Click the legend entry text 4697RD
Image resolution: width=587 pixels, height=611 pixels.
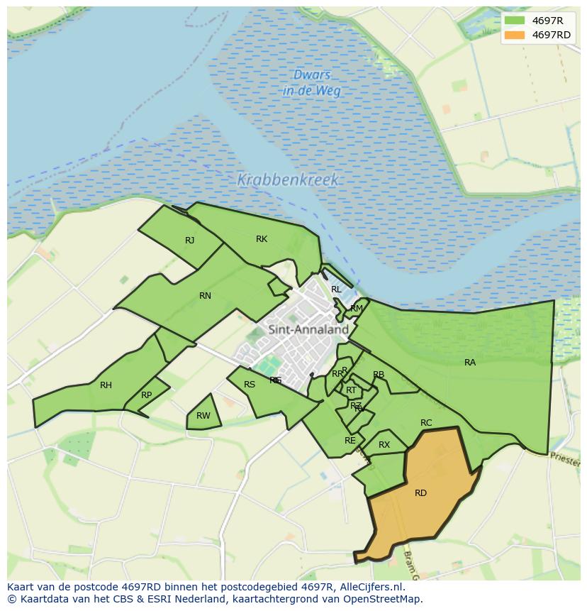(x=551, y=35)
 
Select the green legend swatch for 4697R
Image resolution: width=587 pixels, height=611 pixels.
(x=515, y=21)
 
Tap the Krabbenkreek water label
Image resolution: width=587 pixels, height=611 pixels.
(x=288, y=180)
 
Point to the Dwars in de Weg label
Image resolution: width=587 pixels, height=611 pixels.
(x=312, y=82)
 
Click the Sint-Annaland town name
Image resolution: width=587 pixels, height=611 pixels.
(x=308, y=329)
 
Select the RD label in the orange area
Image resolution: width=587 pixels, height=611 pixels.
(x=420, y=492)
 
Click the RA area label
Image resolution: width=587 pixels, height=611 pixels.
(x=470, y=363)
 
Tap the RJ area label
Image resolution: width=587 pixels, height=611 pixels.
(x=189, y=241)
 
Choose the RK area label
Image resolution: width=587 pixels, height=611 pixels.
(x=262, y=239)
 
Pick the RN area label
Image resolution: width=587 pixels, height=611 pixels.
(x=205, y=296)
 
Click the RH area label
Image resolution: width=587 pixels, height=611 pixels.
(x=106, y=385)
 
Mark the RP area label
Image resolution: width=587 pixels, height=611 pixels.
(x=146, y=395)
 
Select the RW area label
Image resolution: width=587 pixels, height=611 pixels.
(x=203, y=416)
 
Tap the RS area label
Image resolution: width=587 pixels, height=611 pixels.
(x=250, y=385)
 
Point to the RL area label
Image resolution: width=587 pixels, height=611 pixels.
(x=336, y=290)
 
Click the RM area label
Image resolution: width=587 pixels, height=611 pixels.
(x=357, y=308)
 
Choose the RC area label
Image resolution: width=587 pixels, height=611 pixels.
(x=426, y=423)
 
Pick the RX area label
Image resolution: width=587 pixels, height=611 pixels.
(x=384, y=445)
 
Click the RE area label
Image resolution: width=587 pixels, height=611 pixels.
(x=350, y=441)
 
